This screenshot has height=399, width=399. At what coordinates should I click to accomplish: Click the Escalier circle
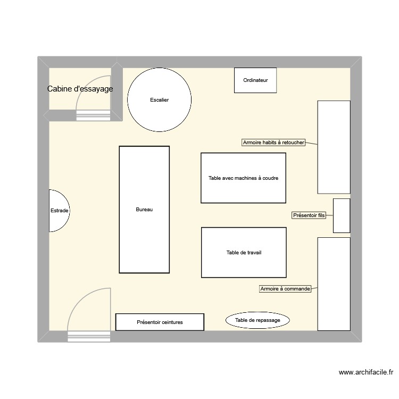coord(159,100)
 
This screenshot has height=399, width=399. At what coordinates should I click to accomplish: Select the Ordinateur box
coord(255,80)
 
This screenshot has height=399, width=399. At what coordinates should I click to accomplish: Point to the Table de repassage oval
coord(257,320)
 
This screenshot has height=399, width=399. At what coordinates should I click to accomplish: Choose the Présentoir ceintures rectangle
coord(160,322)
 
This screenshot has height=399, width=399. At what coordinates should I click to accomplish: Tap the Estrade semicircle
coord(58,211)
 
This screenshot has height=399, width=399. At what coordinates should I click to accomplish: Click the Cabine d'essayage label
coord(80,89)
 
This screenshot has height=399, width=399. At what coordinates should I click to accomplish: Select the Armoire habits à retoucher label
coord(273,143)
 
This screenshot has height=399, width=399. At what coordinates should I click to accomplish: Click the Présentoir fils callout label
coord(309,215)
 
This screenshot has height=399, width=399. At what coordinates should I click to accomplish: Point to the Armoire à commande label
coord(285,289)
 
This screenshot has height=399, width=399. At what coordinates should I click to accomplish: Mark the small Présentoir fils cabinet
coord(342,215)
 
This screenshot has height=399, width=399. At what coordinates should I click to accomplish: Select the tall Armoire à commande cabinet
coord(334,284)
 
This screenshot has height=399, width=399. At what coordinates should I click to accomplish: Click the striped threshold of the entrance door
coord(89,336)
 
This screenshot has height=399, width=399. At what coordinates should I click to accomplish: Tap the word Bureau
coord(144,210)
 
